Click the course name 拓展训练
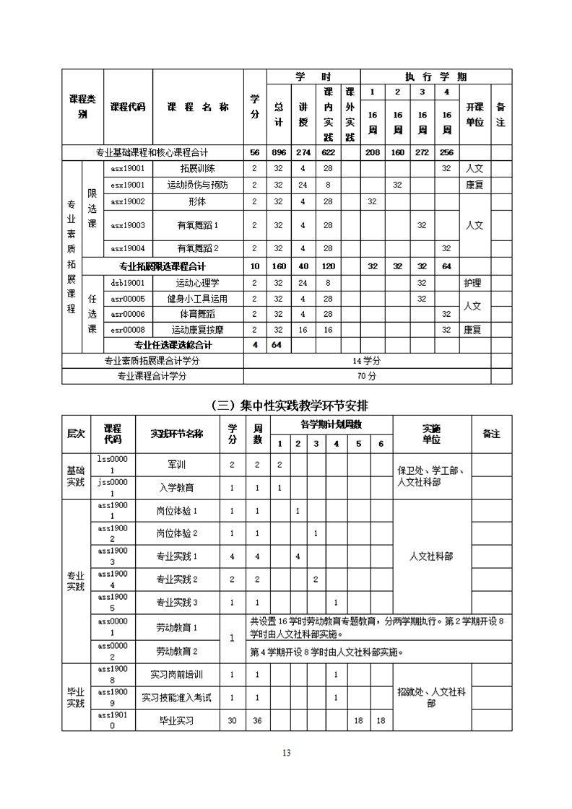click(198, 168)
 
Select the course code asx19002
click(128, 201)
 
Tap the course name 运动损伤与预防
click(198, 185)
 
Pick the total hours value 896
click(279, 152)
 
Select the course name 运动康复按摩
click(198, 330)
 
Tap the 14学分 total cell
click(367, 361)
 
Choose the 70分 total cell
click(367, 376)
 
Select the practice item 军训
click(177, 465)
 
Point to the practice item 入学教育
click(177, 488)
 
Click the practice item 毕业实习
click(177, 720)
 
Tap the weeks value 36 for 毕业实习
click(258, 720)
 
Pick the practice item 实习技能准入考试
click(177, 698)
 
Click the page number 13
click(286, 753)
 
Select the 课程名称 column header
click(198, 107)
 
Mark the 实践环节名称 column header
click(177, 434)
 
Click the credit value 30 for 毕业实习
click(232, 720)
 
